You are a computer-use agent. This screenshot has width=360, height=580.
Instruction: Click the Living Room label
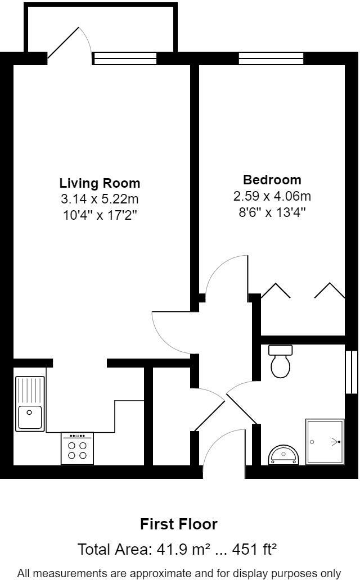tap(100, 183)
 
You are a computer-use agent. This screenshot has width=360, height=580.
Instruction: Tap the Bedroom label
tap(272, 180)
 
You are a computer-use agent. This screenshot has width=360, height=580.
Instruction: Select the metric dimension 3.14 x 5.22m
tap(100, 198)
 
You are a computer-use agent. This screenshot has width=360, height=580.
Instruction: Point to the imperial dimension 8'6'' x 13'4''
tap(272, 212)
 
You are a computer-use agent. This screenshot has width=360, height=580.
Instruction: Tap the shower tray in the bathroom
tap(325, 442)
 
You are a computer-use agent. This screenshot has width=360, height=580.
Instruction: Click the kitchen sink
tap(30, 403)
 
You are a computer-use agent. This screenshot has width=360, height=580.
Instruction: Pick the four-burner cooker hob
tap(77, 448)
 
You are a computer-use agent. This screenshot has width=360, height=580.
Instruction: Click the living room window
tap(124, 58)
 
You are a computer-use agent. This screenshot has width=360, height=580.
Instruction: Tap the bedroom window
tap(271, 58)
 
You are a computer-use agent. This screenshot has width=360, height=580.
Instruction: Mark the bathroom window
tap(352, 372)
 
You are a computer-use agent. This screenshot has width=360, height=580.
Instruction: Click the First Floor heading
tap(178, 524)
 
